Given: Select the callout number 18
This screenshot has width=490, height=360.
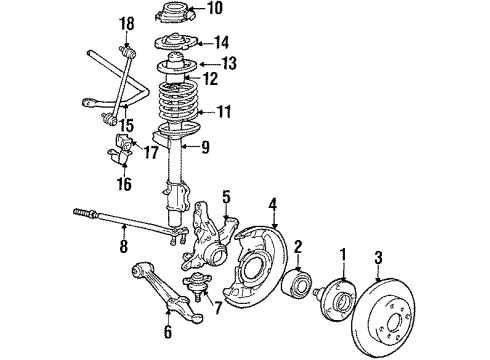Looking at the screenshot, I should tap(126, 22).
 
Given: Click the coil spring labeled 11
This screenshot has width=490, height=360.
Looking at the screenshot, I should tap(177, 112).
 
